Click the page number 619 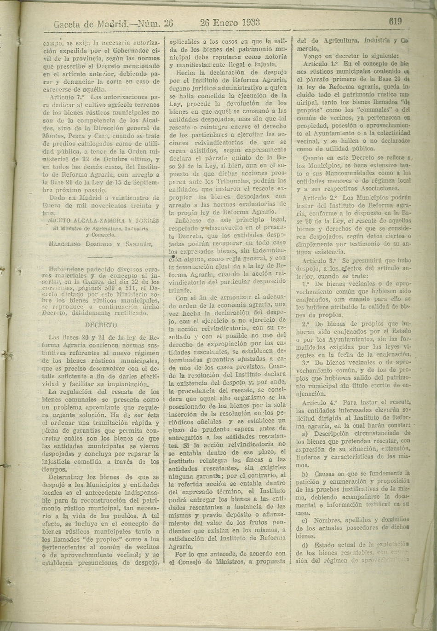tap(395, 21)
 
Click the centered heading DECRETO tap(101, 324)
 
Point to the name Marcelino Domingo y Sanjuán tap(100, 244)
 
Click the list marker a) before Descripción tap(305, 434)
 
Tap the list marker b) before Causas tap(305, 474)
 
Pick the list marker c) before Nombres tap(305, 521)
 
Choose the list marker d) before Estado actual tap(305, 545)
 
